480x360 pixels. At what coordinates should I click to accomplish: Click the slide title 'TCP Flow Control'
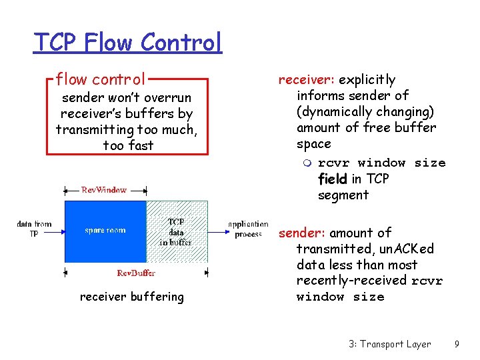click(127, 42)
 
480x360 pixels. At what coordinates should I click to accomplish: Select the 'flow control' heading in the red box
click(101, 79)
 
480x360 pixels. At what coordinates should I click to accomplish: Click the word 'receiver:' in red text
click(307, 80)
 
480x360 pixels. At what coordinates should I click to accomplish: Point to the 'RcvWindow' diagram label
click(104, 190)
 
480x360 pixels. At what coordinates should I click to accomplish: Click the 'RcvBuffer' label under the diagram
click(136, 273)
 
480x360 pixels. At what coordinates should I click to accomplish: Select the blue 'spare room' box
click(105, 231)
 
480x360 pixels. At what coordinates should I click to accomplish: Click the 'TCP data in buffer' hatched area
click(176, 231)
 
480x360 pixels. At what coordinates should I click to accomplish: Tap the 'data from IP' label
click(34, 229)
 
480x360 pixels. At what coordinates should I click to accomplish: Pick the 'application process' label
click(248, 229)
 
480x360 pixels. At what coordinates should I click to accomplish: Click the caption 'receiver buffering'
click(131, 297)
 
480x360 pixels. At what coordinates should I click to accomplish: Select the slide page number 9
click(456, 344)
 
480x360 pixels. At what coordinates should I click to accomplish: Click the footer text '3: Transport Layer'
click(389, 344)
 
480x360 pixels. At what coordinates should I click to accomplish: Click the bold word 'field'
click(332, 179)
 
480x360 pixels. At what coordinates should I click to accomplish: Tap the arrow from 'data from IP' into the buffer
click(56, 231)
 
